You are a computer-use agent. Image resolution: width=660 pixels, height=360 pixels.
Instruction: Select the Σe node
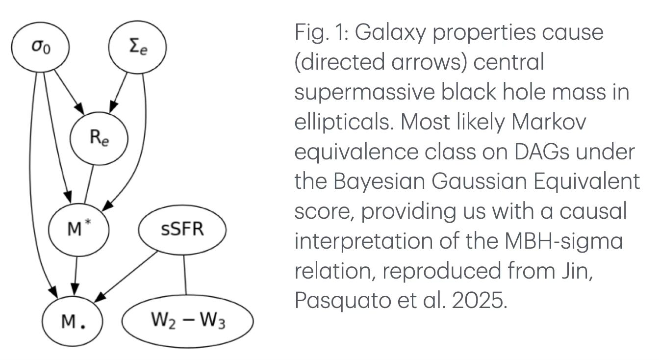[x=137, y=48]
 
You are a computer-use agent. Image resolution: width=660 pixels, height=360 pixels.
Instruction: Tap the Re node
[x=99, y=138]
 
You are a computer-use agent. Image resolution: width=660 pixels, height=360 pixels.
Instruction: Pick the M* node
[x=78, y=229]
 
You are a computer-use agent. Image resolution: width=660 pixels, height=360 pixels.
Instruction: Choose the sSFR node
[x=182, y=229]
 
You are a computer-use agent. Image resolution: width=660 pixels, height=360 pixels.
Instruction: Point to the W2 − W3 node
[x=187, y=321]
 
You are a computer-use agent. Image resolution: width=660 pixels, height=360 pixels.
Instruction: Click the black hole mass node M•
[x=73, y=322]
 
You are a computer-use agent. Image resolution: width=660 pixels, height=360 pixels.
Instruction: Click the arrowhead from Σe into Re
[x=113, y=106]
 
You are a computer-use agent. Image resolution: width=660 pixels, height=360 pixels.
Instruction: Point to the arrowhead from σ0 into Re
[x=78, y=106]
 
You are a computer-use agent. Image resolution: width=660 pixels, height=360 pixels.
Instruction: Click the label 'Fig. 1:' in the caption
[x=319, y=33]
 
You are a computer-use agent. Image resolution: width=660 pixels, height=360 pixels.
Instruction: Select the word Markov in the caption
[x=549, y=122]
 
